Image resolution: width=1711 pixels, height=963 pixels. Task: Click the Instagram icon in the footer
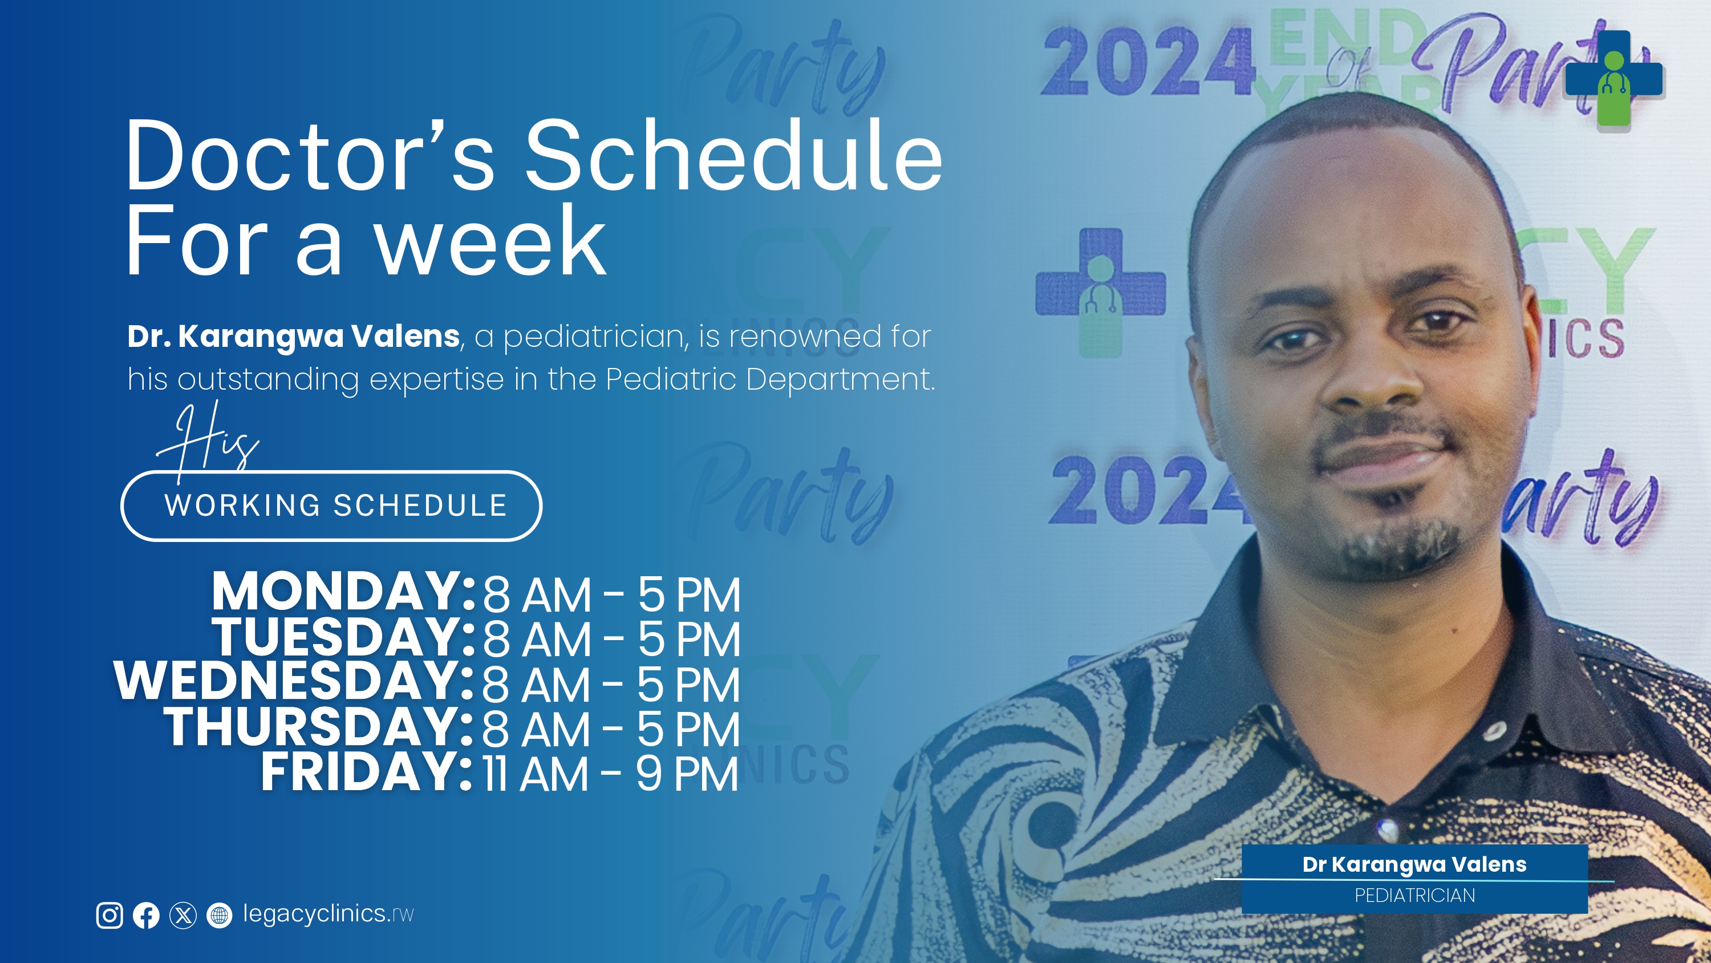[x=110, y=915]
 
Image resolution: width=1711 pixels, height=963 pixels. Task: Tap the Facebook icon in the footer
[x=146, y=915]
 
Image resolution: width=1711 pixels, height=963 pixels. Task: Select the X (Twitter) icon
[x=183, y=915]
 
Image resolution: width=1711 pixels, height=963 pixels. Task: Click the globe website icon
[x=219, y=915]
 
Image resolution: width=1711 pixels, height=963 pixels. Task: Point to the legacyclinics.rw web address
[x=328, y=915]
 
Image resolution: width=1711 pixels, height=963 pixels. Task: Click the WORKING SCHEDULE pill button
[x=331, y=506]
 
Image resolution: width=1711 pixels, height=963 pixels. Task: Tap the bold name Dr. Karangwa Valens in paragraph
[x=294, y=336]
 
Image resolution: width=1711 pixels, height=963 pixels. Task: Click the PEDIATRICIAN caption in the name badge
[x=1415, y=896]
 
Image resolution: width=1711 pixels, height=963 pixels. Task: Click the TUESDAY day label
[x=343, y=636]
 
